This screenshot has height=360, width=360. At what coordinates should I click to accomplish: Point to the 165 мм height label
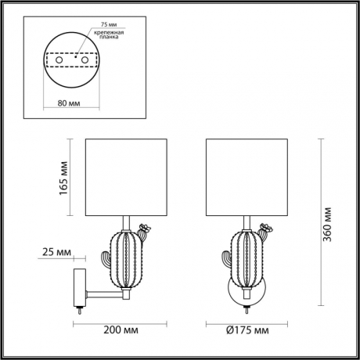(63, 178)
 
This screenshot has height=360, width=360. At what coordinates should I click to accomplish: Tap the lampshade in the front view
(244, 178)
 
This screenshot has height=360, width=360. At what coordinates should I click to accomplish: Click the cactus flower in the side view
(143, 230)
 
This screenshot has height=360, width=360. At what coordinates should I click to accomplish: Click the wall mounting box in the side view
(80, 286)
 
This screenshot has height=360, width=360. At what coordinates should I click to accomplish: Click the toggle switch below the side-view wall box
(79, 311)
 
